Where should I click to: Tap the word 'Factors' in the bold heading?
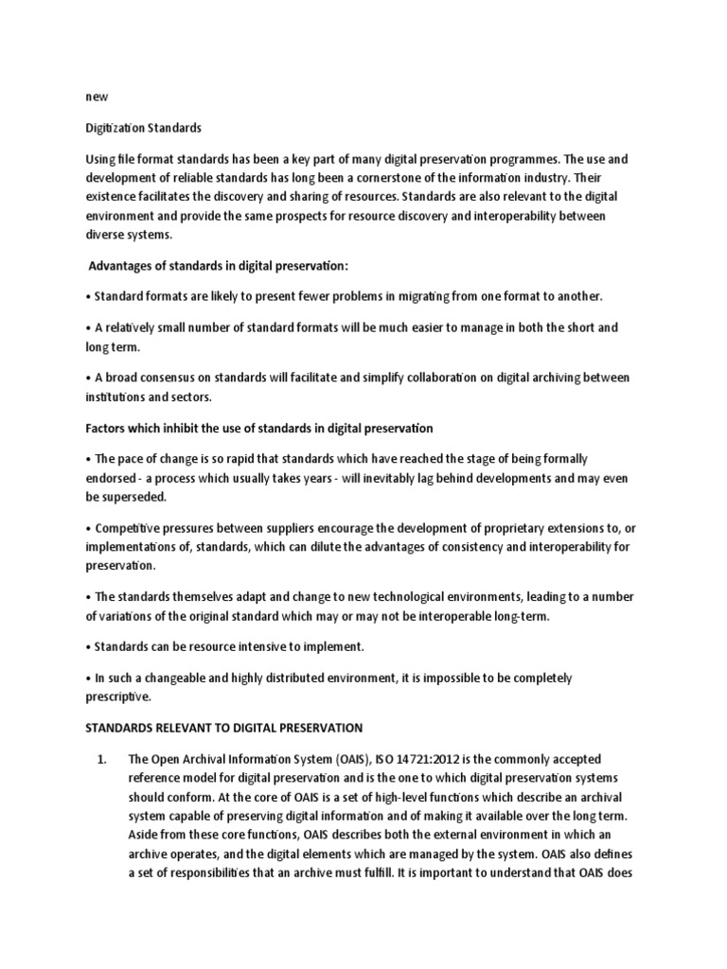pyautogui.click(x=110, y=429)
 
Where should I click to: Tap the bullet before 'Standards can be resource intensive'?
pyautogui.click(x=88, y=647)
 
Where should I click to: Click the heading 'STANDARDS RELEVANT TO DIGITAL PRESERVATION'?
pyautogui.click(x=224, y=729)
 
